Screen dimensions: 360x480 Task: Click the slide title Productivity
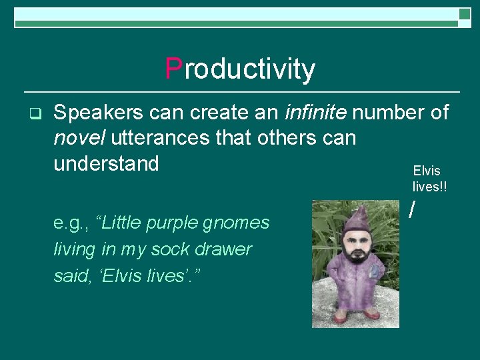(x=240, y=69)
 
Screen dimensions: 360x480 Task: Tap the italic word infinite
(x=315, y=113)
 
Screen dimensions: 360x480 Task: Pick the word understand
(x=106, y=163)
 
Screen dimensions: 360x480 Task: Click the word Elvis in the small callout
(x=427, y=171)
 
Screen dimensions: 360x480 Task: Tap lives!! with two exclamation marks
(x=429, y=187)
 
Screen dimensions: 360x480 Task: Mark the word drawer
(x=229, y=249)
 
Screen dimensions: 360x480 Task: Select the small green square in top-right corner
(x=464, y=14)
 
